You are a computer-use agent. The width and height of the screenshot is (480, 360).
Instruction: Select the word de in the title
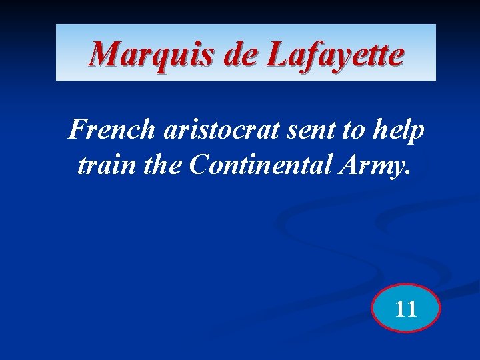click(241, 55)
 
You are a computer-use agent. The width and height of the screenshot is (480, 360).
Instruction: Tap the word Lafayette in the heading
click(335, 55)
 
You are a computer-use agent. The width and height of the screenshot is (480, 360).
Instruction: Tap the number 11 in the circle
click(405, 309)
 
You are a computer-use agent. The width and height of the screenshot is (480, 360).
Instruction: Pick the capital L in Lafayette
click(276, 55)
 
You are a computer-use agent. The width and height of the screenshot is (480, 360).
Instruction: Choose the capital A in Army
click(349, 165)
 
